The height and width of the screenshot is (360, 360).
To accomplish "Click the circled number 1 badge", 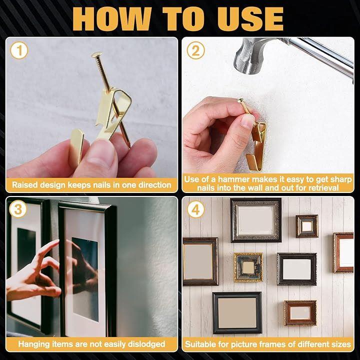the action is [19, 50].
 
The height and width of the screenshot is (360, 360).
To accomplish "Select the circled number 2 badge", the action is [195, 50].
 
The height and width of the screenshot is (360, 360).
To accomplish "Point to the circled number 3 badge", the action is [18, 209].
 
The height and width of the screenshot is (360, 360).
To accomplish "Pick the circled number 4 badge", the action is [195, 209].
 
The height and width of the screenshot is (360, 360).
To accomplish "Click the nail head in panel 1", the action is [97, 54].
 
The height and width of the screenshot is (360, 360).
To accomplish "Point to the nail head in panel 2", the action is [240, 100].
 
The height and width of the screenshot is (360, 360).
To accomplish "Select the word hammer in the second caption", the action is [233, 179].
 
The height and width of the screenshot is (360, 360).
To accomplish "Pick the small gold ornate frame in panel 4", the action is [248, 267].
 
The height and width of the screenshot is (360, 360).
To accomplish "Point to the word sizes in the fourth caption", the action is [341, 344].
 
